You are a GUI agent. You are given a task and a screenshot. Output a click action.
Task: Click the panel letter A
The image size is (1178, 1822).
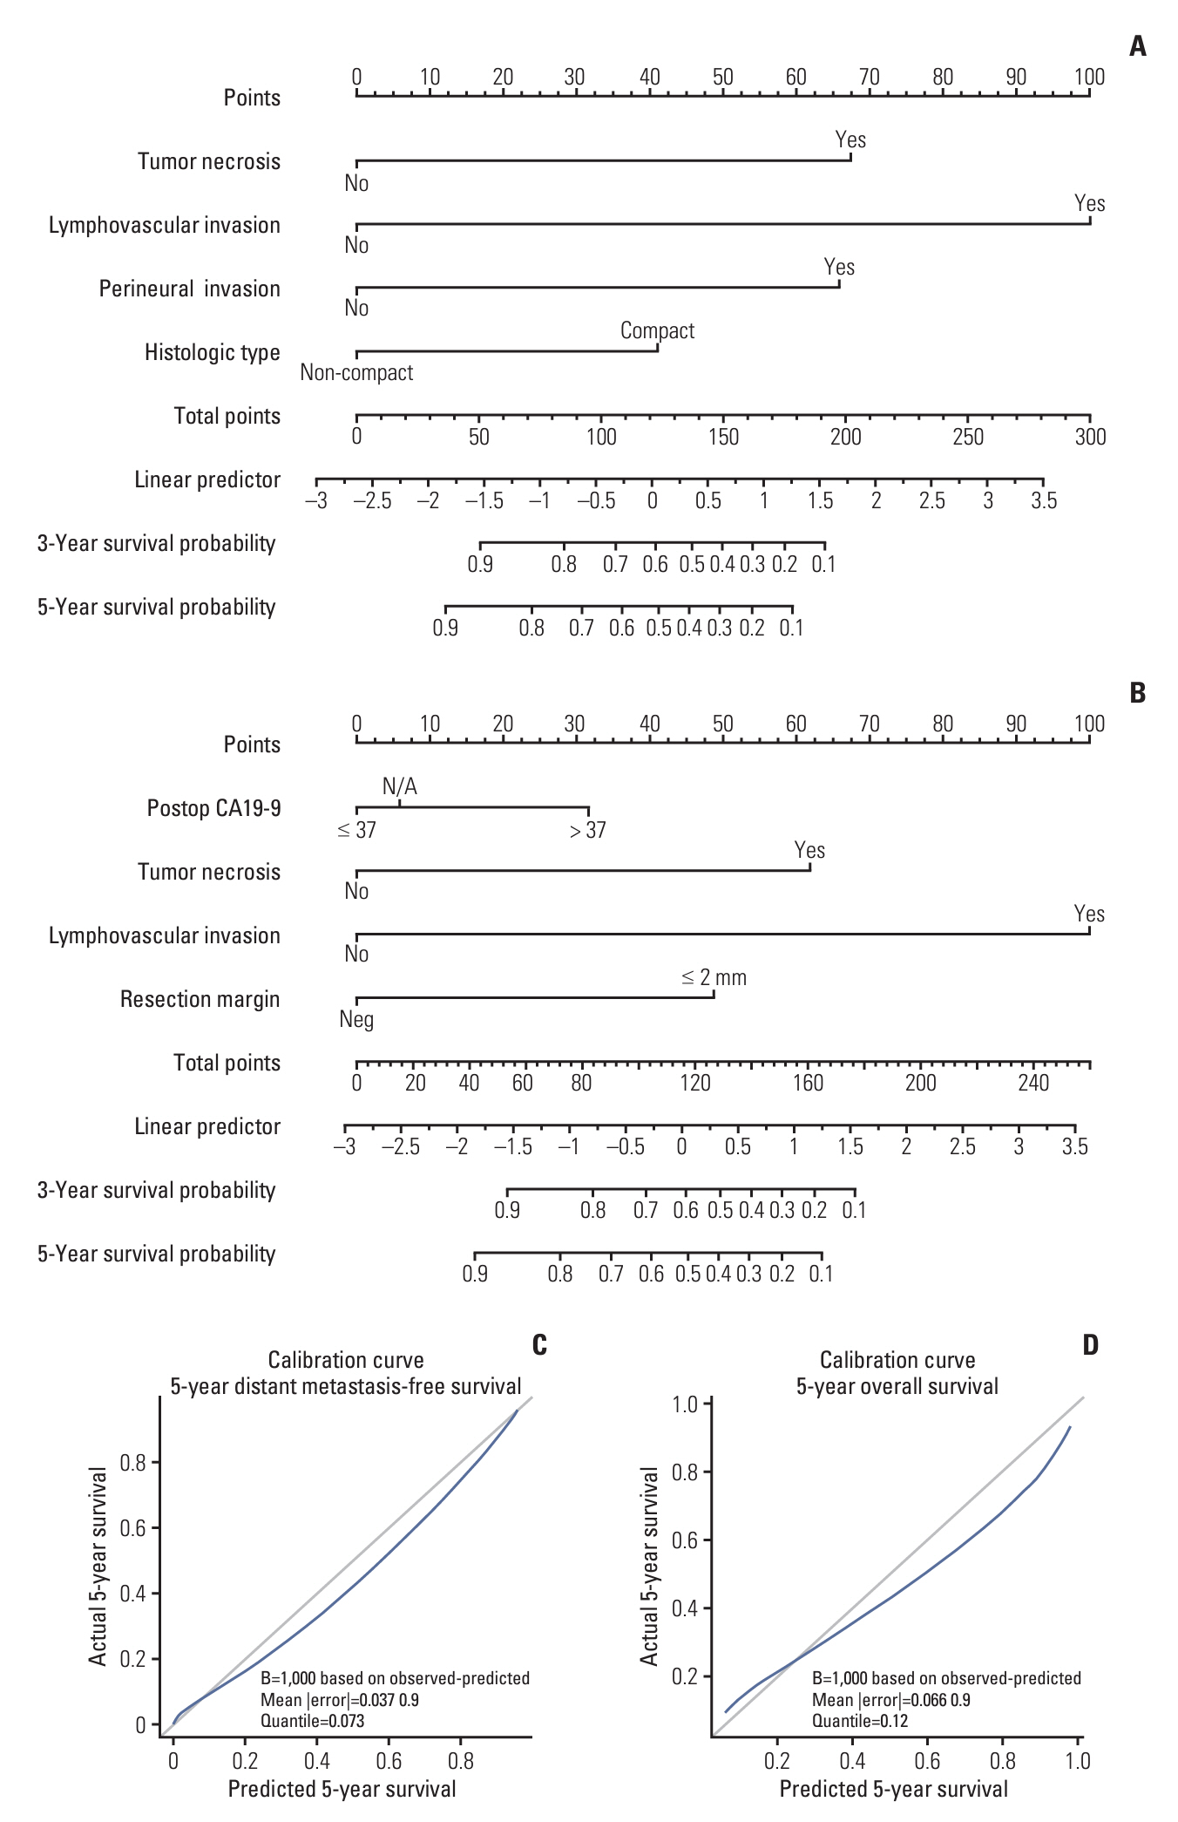pyautogui.click(x=1137, y=46)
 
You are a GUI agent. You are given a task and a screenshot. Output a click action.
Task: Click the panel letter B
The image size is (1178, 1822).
pyautogui.click(x=1137, y=693)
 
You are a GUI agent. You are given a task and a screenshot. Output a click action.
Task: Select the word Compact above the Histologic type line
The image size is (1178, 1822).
pyautogui.click(x=657, y=331)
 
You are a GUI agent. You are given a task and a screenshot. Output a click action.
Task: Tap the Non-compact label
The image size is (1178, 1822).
pyautogui.click(x=356, y=373)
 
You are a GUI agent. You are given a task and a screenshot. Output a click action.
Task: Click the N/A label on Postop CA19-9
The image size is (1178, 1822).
pyautogui.click(x=400, y=787)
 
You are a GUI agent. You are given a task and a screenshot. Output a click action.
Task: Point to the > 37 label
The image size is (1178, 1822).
pyautogui.click(x=587, y=831)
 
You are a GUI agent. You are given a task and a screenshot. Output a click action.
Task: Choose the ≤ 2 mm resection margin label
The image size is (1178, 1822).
pyautogui.click(x=714, y=978)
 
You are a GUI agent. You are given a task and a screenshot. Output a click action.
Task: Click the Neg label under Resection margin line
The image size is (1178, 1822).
pyautogui.click(x=356, y=1020)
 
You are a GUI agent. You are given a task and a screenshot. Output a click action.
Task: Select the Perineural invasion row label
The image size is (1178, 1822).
pyautogui.click(x=189, y=289)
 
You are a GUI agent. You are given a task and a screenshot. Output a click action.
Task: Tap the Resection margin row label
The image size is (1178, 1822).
pyautogui.click(x=200, y=1000)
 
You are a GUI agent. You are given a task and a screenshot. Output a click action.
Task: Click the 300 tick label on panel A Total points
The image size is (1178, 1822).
pyautogui.click(x=1090, y=438)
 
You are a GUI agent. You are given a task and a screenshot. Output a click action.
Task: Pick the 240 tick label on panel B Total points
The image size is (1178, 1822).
pyautogui.click(x=1033, y=1084)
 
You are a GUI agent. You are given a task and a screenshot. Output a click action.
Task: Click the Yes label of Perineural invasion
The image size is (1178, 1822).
pyautogui.click(x=839, y=268)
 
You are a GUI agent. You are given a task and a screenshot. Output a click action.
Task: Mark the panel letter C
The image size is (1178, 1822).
pyautogui.click(x=539, y=1345)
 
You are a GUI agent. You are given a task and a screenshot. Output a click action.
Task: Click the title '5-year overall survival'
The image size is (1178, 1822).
pyautogui.click(x=897, y=1386)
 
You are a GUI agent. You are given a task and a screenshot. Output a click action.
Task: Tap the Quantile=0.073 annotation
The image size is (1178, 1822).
pyautogui.click(x=312, y=1721)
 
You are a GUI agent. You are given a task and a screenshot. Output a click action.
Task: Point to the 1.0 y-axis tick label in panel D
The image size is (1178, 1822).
pyautogui.click(x=686, y=1404)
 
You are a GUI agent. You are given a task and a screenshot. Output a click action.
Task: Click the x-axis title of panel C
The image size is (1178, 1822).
pyautogui.click(x=342, y=1789)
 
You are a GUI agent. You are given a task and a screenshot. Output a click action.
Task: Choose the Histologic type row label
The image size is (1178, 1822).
pyautogui.click(x=212, y=353)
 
